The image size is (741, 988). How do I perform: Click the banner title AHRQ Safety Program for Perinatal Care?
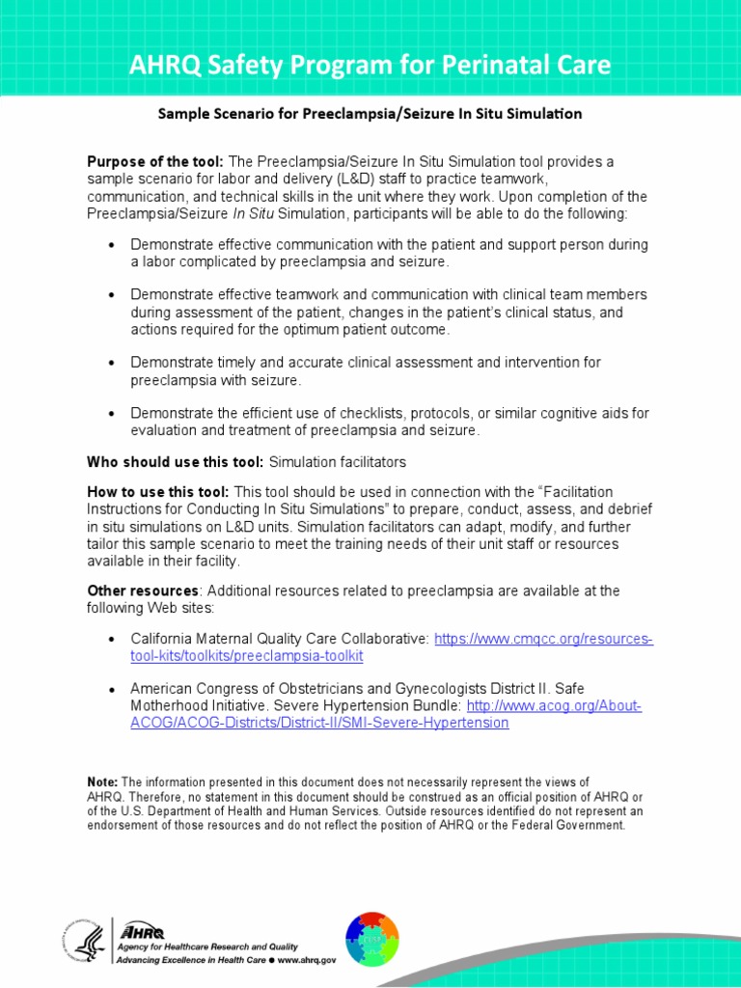[x=370, y=66]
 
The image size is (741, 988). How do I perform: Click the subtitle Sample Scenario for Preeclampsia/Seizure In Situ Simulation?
[x=370, y=114]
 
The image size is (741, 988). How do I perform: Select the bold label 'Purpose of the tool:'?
[x=155, y=161]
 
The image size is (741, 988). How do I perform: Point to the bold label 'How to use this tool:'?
[x=158, y=492]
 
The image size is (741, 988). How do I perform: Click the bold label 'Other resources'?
[x=143, y=590]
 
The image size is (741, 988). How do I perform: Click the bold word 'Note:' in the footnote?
[x=102, y=782]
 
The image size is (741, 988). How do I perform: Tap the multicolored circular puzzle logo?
[x=371, y=939]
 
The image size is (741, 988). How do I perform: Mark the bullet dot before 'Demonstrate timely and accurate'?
[x=112, y=363]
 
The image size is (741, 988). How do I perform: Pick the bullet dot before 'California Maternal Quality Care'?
[x=112, y=640]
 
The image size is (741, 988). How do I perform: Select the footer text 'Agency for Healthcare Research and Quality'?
[x=206, y=947]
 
